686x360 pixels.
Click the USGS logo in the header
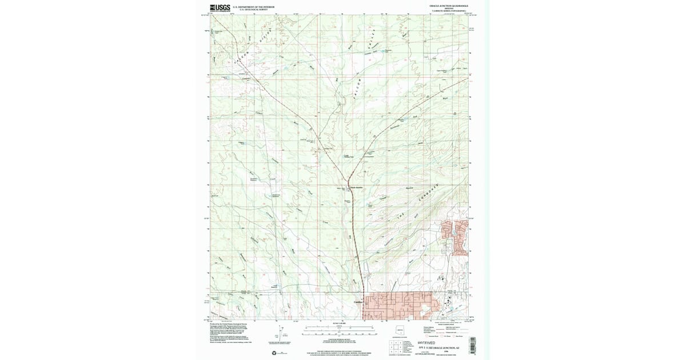220,8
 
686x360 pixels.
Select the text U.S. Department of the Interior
253,7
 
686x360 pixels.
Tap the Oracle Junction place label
356,187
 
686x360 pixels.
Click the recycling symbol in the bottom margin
281,353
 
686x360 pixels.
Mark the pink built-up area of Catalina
400,305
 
